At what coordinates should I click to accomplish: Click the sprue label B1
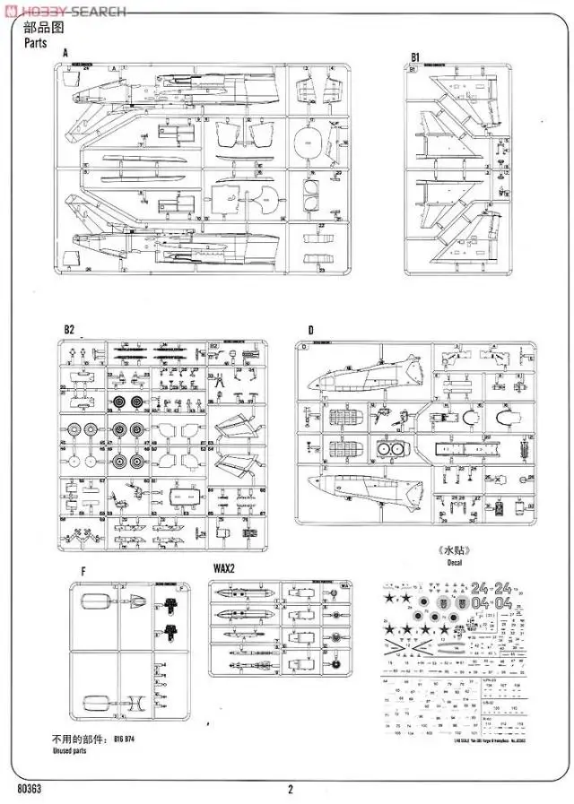(416, 57)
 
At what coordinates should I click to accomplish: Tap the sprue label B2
(69, 329)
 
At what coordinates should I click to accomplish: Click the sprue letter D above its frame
(309, 330)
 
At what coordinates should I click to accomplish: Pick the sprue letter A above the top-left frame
(65, 54)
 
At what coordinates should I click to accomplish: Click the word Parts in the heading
(35, 42)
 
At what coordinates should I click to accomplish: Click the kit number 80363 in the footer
(29, 789)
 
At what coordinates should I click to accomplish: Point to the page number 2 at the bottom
(291, 789)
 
